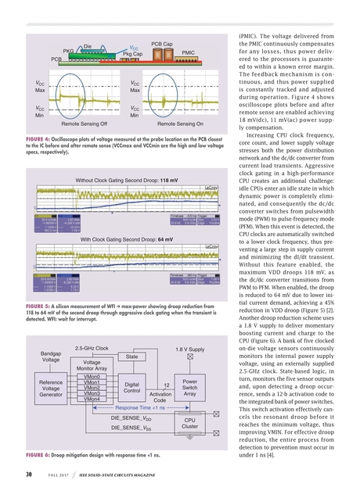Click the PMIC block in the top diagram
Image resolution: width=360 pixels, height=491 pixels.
(188, 52)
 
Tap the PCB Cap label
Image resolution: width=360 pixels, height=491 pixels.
(161, 44)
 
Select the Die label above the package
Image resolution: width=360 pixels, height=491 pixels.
(88, 46)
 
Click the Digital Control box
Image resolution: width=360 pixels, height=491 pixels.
(131, 388)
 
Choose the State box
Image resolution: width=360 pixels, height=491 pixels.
(131, 357)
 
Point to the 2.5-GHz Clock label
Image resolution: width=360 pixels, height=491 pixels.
(92, 348)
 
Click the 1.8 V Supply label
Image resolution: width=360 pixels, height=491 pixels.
(190, 348)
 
